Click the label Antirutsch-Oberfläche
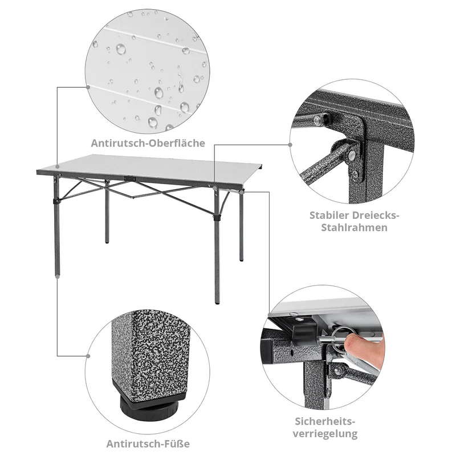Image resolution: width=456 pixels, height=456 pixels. pos(148,143)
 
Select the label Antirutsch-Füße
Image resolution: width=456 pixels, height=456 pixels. pos(148,443)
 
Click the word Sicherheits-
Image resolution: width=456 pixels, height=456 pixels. pos(325,421)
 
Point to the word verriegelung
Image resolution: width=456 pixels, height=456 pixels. pos(325,434)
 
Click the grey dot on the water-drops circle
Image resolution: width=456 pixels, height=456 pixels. pos(88,87)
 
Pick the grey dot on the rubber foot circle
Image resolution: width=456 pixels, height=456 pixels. pos(88,355)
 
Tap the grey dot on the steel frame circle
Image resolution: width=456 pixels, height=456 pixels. pos(290,145)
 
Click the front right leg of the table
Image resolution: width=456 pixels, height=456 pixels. pos(217,251)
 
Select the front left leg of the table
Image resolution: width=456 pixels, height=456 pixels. pos(56,228)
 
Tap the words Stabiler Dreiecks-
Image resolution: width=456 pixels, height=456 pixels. pos(355,215)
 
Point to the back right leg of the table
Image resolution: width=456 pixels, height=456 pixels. pos(242,228)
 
